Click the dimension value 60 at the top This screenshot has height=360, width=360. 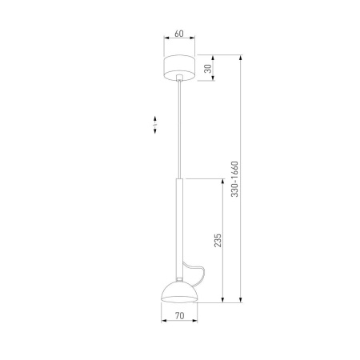point(179,34)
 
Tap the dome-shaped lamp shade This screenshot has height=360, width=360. point(179,292)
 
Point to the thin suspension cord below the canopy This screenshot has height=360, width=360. point(180,128)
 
